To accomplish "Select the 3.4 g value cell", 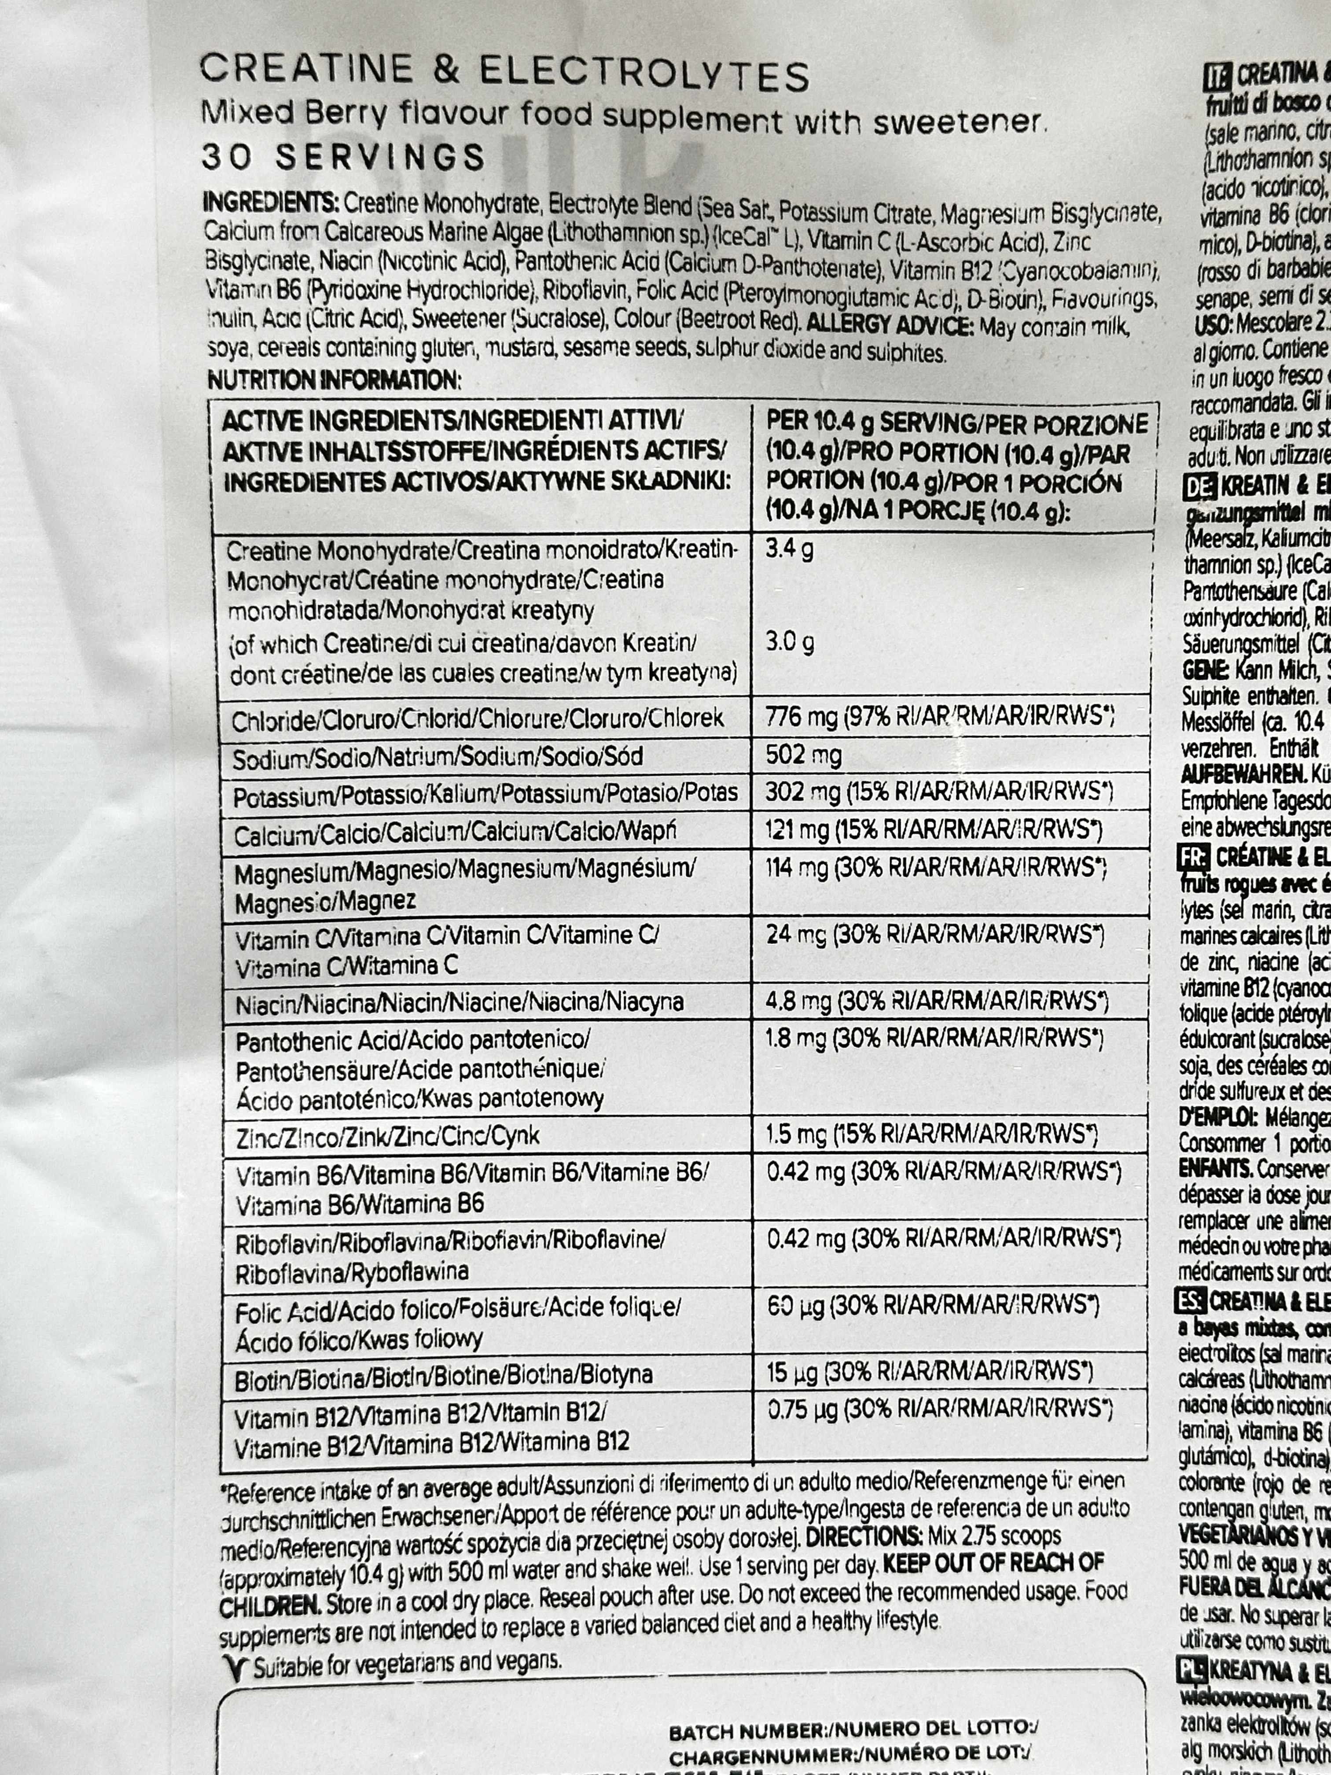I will pos(790,550).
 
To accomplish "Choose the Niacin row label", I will pos(459,1003).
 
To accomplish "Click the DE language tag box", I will pos(1199,486).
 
